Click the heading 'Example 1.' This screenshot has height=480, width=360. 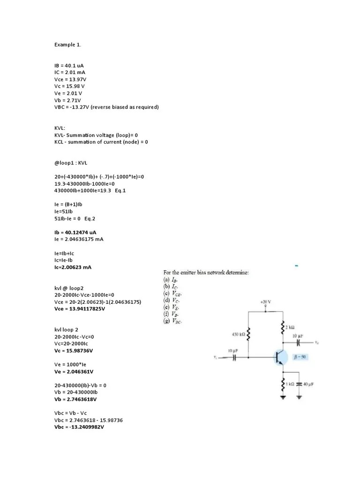point(67,45)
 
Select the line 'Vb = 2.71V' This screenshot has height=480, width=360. point(67,100)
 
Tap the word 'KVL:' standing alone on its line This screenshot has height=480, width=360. point(60,128)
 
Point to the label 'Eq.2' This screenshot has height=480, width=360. point(90,218)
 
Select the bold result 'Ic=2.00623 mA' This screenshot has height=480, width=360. point(73,267)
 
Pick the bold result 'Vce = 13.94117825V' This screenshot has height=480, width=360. point(80,309)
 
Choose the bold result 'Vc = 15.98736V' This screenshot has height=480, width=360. point(74,351)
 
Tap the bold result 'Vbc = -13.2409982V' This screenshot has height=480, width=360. point(79,427)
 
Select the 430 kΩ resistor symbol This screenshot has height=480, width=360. point(248,335)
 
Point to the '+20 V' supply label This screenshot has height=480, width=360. point(266,303)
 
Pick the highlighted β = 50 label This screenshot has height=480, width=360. point(300,357)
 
